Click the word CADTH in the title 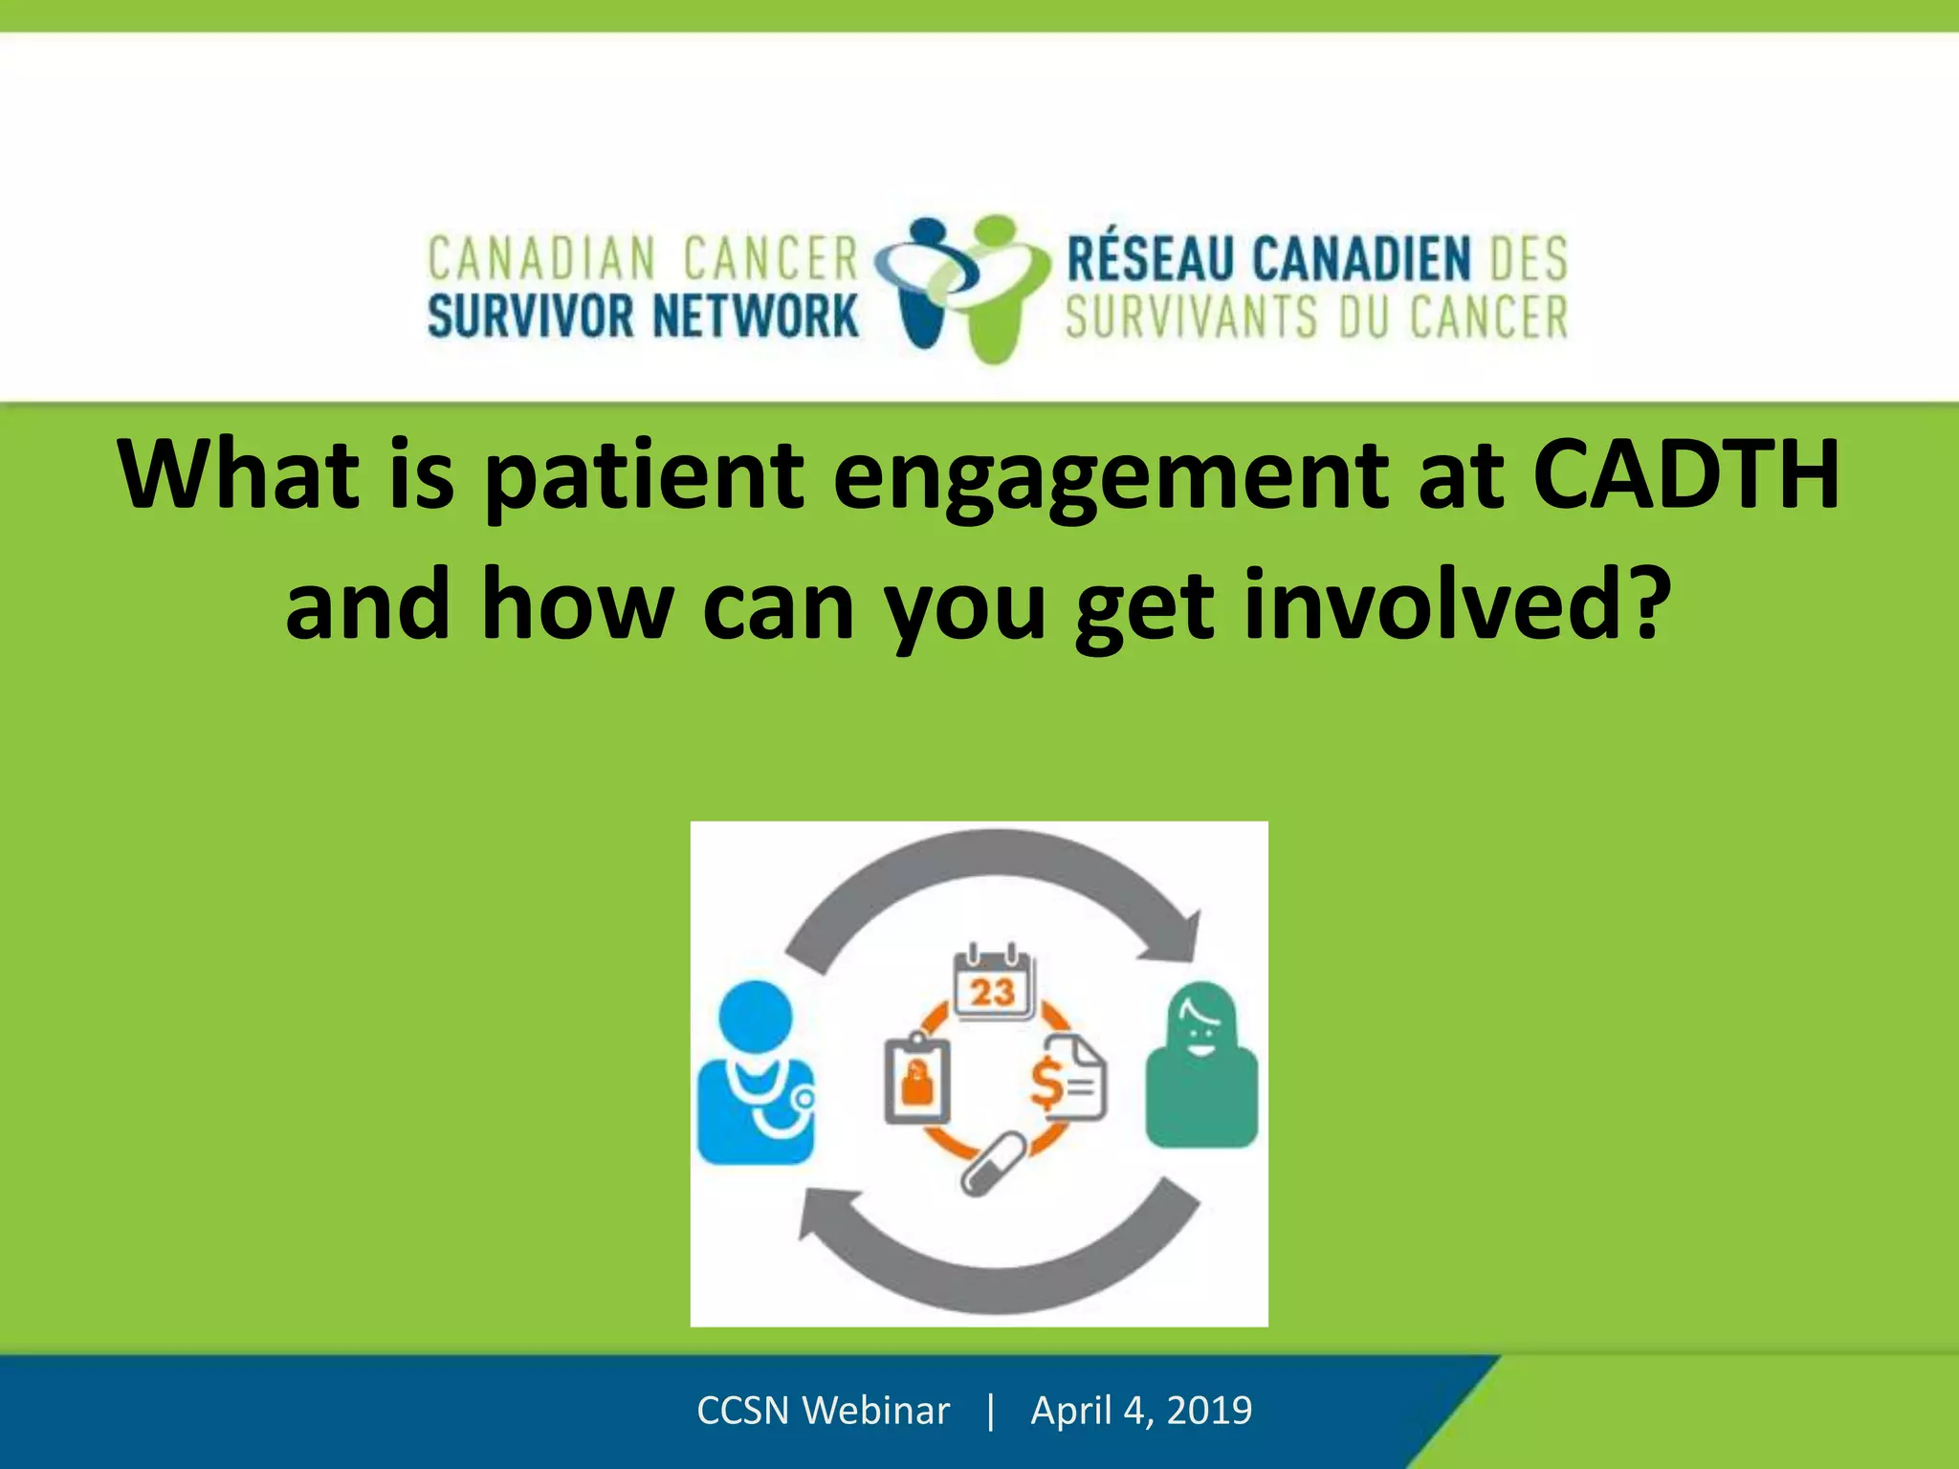pos(1685,475)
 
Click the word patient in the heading pos(644,475)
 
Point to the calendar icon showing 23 pos(994,985)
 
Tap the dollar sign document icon pos(1068,1079)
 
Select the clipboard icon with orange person pos(916,1079)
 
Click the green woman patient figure pos(1201,1066)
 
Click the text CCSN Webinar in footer pos(823,1411)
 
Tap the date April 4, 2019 pos(1141,1411)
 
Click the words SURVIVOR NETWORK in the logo pos(643,317)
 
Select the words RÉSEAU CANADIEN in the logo pos(1268,259)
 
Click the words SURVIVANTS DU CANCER pos(1316,318)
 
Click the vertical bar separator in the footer pos(991,1411)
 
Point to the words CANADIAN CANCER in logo pos(643,259)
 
